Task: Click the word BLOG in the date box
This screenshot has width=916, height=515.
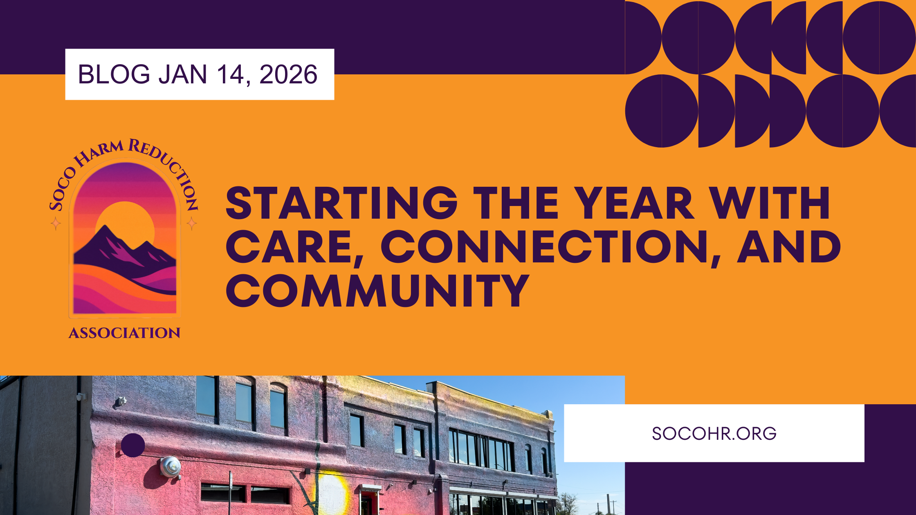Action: tap(114, 74)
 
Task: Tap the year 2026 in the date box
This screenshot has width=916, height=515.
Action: tap(288, 74)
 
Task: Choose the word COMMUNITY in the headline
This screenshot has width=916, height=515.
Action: tap(377, 291)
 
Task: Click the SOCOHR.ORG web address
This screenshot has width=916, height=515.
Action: tap(714, 433)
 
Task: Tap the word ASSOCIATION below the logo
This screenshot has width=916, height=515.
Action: tap(124, 333)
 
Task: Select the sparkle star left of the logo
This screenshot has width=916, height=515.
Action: tap(56, 223)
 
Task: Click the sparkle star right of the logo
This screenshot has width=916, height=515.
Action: tap(192, 223)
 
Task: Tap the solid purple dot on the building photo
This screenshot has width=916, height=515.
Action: tap(133, 445)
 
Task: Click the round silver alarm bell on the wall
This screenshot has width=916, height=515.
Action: tap(170, 466)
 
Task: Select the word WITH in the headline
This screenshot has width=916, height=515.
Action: tap(769, 203)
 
